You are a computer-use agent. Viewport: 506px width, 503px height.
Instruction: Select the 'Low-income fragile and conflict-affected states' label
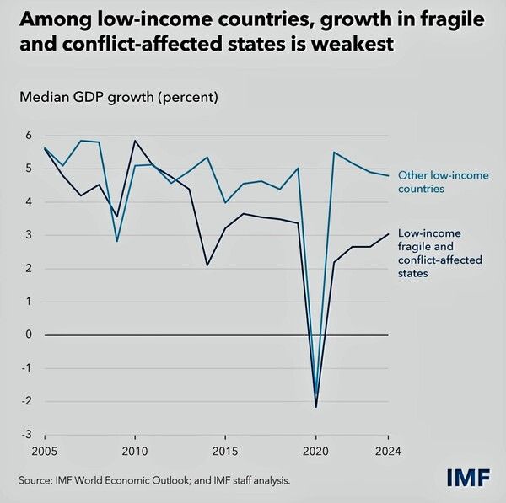tap(440, 254)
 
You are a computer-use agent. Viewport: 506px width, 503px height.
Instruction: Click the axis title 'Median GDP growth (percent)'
tap(119, 96)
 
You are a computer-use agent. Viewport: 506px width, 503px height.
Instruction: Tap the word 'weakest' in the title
tap(347, 45)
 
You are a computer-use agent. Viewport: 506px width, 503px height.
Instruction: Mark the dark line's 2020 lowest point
tap(316, 407)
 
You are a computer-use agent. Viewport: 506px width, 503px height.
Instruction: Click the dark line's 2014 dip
tap(207, 265)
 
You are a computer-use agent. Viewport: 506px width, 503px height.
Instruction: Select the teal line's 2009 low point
tap(117, 241)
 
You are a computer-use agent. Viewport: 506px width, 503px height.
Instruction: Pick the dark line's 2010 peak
tap(135, 141)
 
